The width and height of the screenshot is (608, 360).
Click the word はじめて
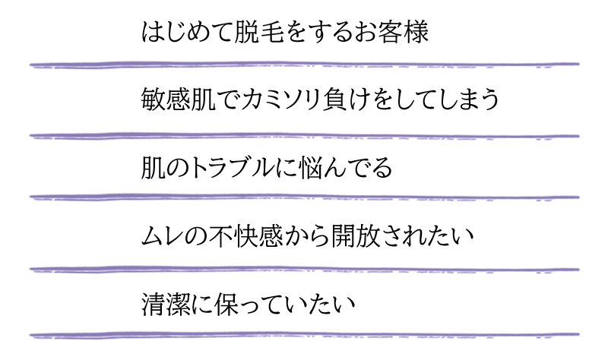point(187,31)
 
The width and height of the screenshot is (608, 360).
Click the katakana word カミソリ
point(280,99)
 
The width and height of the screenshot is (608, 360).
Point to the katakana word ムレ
point(163,236)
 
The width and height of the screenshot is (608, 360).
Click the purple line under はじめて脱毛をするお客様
point(305,65)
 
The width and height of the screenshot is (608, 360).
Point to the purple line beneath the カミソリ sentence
point(305,136)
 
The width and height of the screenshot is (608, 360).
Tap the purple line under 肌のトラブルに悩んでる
point(305,197)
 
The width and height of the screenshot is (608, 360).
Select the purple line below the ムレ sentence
point(305,270)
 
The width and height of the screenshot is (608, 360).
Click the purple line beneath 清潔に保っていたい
point(305,334)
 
